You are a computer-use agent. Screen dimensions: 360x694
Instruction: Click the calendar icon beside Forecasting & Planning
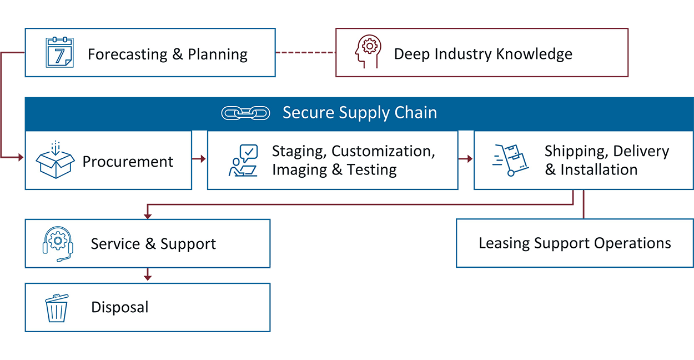(x=59, y=52)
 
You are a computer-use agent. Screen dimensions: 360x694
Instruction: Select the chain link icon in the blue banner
(x=245, y=113)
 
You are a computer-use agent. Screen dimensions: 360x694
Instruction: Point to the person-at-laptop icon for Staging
(x=243, y=161)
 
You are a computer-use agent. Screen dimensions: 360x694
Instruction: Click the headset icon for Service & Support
(x=57, y=243)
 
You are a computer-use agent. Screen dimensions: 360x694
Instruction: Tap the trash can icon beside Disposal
(x=56, y=308)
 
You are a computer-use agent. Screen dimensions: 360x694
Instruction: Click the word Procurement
(x=128, y=162)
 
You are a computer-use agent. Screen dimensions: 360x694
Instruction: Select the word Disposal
(x=120, y=307)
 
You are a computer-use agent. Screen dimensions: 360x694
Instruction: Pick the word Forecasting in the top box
(x=127, y=54)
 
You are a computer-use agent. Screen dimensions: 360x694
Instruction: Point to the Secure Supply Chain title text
(x=359, y=113)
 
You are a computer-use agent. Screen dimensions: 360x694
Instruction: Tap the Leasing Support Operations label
(x=575, y=243)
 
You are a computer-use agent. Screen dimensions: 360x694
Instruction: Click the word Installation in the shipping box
(x=599, y=170)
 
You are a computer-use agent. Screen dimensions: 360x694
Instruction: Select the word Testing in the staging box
(x=372, y=170)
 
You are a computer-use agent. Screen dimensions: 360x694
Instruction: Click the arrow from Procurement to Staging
(x=199, y=159)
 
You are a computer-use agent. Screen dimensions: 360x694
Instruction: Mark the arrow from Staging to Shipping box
(x=466, y=159)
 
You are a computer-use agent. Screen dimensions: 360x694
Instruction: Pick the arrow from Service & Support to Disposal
(x=147, y=275)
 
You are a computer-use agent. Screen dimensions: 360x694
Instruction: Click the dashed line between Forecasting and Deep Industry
(x=305, y=53)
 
